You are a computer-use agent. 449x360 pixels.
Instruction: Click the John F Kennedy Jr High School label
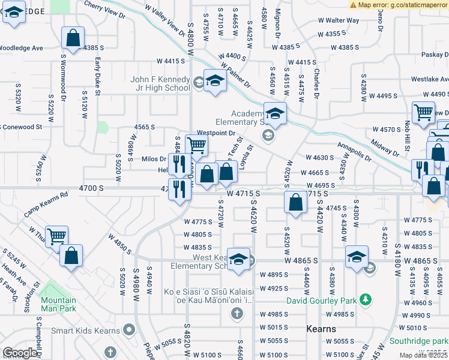(161, 84)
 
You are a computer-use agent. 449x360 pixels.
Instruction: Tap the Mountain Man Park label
(59, 304)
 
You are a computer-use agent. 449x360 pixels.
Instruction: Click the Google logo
(19, 353)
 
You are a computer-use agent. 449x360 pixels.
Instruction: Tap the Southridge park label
(417, 340)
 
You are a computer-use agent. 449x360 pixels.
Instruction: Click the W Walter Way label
(334, 20)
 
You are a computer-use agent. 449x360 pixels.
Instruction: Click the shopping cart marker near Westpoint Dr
(196, 145)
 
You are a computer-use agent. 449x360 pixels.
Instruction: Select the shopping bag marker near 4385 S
(72, 38)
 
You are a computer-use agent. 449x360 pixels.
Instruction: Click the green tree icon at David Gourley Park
(364, 300)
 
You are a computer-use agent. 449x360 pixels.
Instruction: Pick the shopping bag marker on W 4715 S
(295, 202)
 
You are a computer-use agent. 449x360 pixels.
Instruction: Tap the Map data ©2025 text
(424, 355)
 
